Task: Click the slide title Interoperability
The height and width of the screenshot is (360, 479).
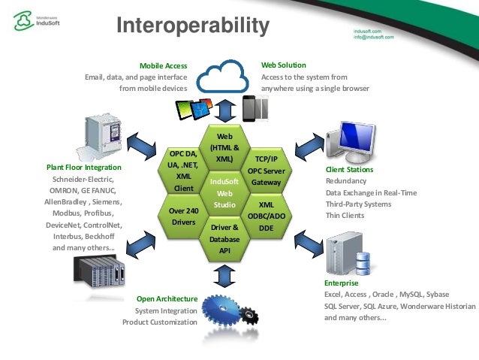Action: click(x=193, y=27)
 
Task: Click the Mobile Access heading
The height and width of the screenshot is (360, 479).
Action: click(x=164, y=65)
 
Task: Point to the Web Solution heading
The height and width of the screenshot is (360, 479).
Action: click(x=284, y=65)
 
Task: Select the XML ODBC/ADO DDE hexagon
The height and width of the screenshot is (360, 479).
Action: click(x=266, y=216)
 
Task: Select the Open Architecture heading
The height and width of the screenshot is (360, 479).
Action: click(x=167, y=298)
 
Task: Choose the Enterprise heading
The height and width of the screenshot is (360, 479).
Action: click(x=342, y=283)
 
